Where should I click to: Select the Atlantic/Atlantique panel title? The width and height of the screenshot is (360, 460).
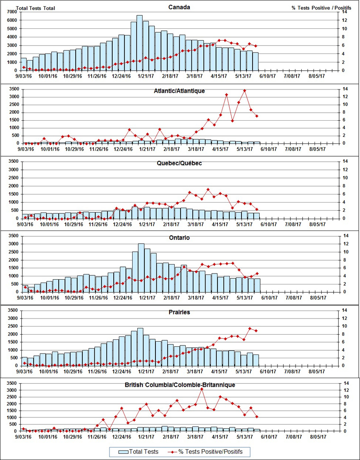coord(180,90)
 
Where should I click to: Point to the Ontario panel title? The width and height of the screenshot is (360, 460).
coord(180,238)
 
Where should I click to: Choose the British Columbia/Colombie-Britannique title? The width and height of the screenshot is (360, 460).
coord(180,385)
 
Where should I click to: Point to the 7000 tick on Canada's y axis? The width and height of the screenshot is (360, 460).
coord(11,11)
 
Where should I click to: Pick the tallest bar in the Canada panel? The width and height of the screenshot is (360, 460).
coord(140,43)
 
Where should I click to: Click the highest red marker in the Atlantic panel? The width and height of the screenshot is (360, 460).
coord(244,90)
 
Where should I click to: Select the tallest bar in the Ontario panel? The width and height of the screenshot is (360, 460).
coord(141,267)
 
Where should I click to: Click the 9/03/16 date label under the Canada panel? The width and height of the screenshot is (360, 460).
coord(24,75)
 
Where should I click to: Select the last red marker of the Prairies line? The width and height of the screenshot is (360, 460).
coord(256,330)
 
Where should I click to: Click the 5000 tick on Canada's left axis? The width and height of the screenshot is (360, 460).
coord(11,28)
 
